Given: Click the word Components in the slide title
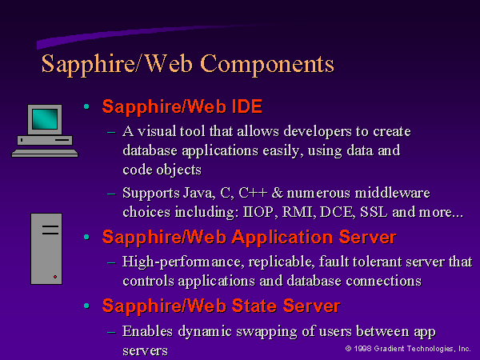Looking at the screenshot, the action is [x=267, y=65].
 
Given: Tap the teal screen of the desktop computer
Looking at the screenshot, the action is [x=45, y=119].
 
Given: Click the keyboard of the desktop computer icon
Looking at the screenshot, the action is [x=45, y=153].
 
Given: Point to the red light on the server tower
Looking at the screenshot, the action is [x=55, y=277].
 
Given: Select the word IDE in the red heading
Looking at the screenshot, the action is [x=246, y=106].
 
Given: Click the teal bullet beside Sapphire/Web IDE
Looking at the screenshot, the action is [x=86, y=106].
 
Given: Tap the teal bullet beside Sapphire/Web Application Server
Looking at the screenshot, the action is [x=86, y=237].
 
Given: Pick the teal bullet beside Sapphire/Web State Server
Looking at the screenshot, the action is [x=86, y=306].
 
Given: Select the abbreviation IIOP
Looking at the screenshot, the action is [x=258, y=212].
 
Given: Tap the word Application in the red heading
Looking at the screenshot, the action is [x=282, y=238].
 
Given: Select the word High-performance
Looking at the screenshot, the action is [x=183, y=262].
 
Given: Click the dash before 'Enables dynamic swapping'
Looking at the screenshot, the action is [x=111, y=332].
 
